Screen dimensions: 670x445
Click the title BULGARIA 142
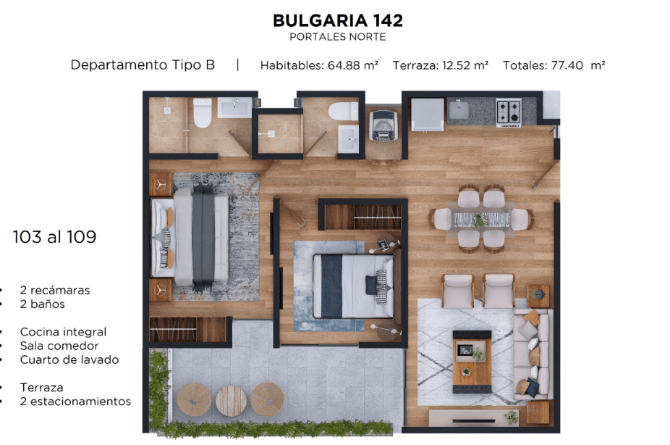tap(338, 20)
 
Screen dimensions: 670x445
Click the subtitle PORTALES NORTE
tap(338, 37)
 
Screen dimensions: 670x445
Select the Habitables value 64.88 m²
tap(352, 65)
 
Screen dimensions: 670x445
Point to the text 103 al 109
tap(55, 236)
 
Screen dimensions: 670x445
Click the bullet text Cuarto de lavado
tap(69, 359)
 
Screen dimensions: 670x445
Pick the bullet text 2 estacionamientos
tap(75, 402)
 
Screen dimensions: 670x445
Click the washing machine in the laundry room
tap(383, 125)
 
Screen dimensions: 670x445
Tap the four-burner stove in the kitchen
tap(509, 112)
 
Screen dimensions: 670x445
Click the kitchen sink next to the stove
tap(459, 109)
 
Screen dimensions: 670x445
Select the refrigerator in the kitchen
tap(427, 115)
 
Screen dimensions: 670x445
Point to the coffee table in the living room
tap(472, 362)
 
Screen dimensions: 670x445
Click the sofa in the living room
tap(532, 355)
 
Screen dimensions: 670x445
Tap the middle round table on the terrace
tap(231, 401)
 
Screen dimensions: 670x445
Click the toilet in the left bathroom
tap(202, 113)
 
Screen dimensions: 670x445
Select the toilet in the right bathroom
tap(343, 112)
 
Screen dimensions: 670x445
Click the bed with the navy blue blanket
tap(353, 286)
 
